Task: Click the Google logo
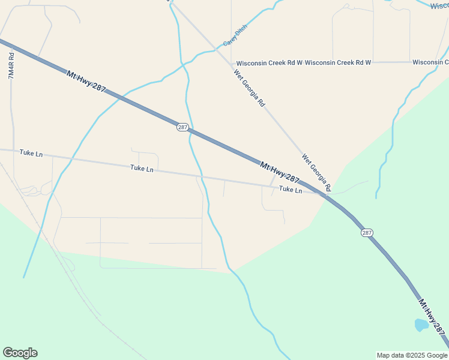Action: [x=20, y=353]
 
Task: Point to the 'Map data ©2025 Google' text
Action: [x=412, y=355]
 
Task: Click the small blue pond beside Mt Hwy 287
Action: [x=421, y=325]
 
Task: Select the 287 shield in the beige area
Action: [x=183, y=127]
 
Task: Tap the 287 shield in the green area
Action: [x=367, y=232]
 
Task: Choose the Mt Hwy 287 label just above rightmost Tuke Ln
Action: [x=280, y=172]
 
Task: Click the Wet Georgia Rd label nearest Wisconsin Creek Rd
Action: [x=249, y=88]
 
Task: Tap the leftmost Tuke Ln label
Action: [x=31, y=154]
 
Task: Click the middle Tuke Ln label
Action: [x=142, y=169]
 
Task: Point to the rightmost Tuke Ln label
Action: [x=291, y=190]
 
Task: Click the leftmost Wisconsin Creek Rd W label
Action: [x=269, y=62]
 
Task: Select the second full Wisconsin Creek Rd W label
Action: [x=338, y=62]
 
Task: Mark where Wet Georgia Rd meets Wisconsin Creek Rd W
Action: [x=232, y=62]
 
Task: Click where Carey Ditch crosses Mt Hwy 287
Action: [x=118, y=98]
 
